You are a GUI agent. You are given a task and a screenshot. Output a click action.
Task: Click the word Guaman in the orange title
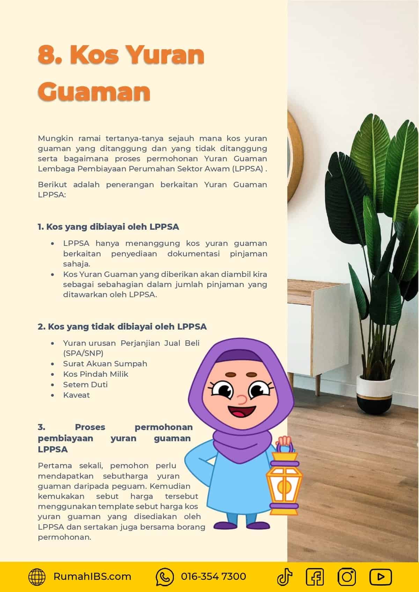click(x=94, y=91)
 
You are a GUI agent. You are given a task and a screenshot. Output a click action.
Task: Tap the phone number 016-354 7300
click(x=213, y=577)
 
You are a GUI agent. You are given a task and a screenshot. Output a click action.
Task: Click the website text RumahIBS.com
click(x=92, y=577)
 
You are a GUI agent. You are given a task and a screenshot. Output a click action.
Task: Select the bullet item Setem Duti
click(x=85, y=384)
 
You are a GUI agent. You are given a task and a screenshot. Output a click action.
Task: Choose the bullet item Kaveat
click(x=76, y=395)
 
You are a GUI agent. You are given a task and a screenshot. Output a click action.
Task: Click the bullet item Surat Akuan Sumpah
click(x=105, y=364)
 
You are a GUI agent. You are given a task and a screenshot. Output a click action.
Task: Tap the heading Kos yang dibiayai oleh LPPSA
click(x=108, y=227)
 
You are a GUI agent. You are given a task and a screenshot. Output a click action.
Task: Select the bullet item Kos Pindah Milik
click(x=96, y=374)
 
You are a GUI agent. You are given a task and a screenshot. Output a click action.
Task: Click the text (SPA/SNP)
click(x=83, y=353)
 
